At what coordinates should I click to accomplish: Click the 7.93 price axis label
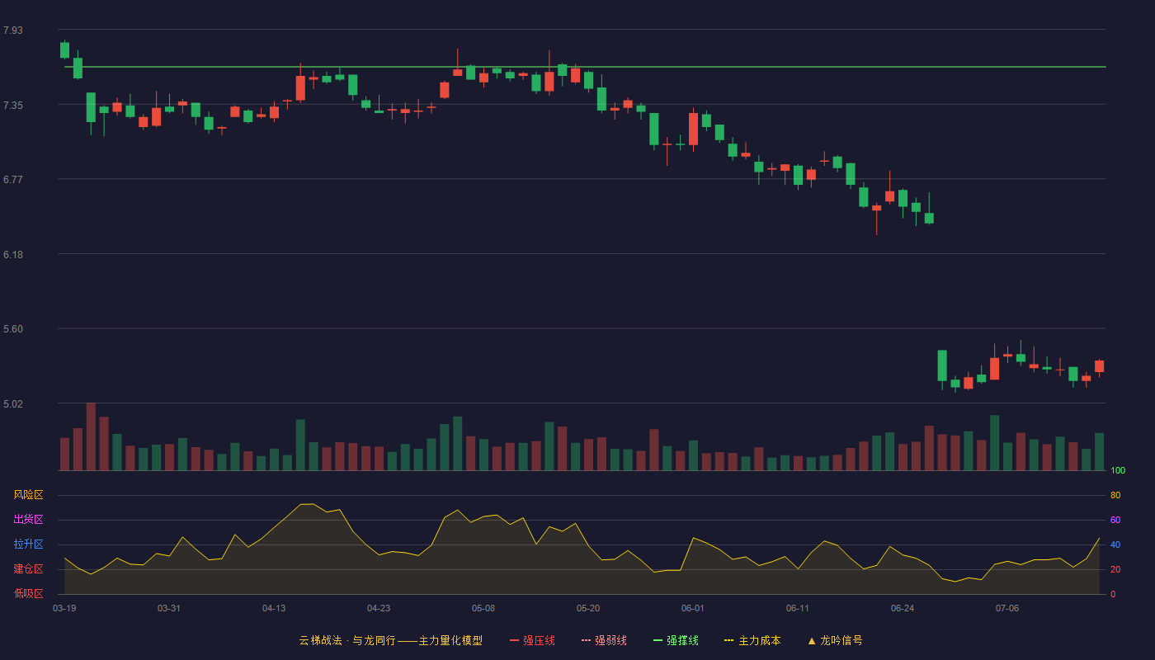coord(13,31)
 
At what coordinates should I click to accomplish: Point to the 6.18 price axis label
coord(13,255)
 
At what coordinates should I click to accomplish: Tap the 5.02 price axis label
coord(13,403)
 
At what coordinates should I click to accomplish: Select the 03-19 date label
coord(64,609)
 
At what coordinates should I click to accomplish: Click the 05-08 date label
coord(483,609)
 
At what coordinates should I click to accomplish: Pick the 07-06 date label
coord(1007,609)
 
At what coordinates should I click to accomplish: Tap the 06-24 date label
coord(903,609)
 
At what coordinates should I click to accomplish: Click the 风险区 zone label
coord(28,495)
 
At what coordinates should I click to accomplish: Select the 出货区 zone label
coord(28,519)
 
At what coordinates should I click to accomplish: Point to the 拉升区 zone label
coord(28,544)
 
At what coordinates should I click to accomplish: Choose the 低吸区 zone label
coord(28,593)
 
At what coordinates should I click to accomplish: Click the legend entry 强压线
coord(532,640)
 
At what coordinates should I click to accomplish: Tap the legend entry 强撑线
coord(676,640)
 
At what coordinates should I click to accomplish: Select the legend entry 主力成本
coord(752,640)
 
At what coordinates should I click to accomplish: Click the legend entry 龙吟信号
coord(835,640)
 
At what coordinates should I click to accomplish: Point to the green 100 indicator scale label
coord(1118,470)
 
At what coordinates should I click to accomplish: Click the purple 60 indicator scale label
coord(1115,520)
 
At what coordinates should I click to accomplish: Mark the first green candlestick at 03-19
coord(64,50)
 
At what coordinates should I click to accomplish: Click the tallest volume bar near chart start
coord(91,436)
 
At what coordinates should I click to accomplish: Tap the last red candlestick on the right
coord(1099,366)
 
